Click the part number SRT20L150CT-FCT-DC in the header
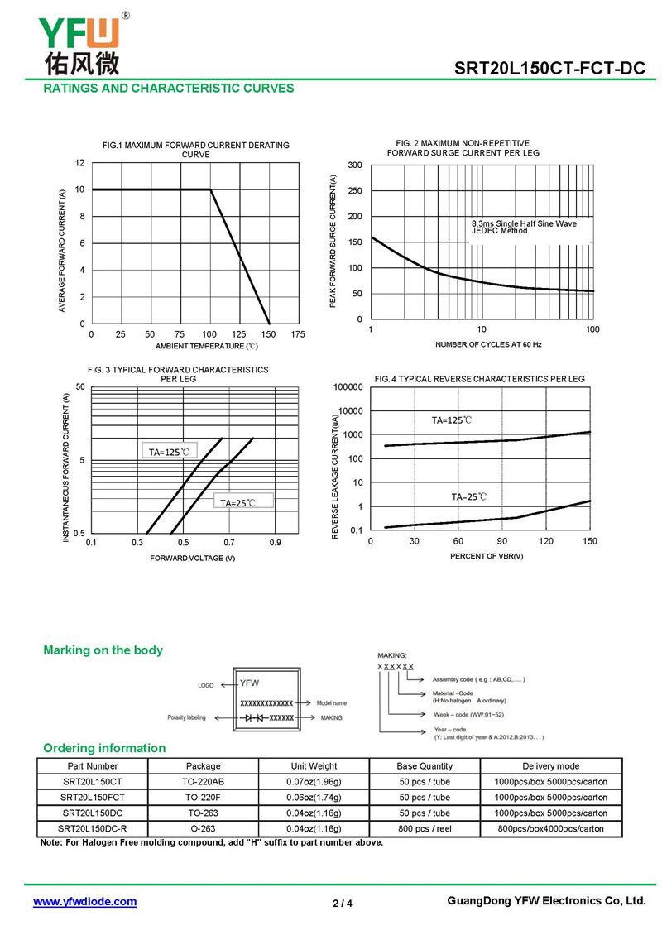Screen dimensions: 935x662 pyautogui.click(x=549, y=70)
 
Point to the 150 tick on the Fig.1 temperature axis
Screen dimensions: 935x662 pyautogui.click(x=268, y=334)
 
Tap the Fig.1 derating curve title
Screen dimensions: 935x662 pyautogui.click(x=196, y=150)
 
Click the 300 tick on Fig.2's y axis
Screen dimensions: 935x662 pyautogui.click(x=355, y=165)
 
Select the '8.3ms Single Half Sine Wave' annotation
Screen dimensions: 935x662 pyautogui.click(x=524, y=223)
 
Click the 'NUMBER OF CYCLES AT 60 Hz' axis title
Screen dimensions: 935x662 pyautogui.click(x=488, y=344)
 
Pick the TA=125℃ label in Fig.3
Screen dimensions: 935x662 pyautogui.click(x=170, y=452)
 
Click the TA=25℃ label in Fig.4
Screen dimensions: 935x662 pyautogui.click(x=469, y=497)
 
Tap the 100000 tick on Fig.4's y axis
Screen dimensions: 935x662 pyautogui.click(x=347, y=387)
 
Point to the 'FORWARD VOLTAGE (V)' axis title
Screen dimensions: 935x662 pyautogui.click(x=193, y=558)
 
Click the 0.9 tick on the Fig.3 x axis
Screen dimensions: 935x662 pyautogui.click(x=275, y=543)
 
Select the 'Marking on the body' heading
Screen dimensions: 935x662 pyautogui.click(x=103, y=650)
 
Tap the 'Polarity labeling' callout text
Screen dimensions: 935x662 pyautogui.click(x=186, y=717)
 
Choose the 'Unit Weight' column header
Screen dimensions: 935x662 pyautogui.click(x=314, y=766)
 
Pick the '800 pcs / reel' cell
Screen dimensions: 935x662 pyautogui.click(x=425, y=828)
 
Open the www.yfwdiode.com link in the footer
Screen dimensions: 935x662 pyautogui.click(x=84, y=902)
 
